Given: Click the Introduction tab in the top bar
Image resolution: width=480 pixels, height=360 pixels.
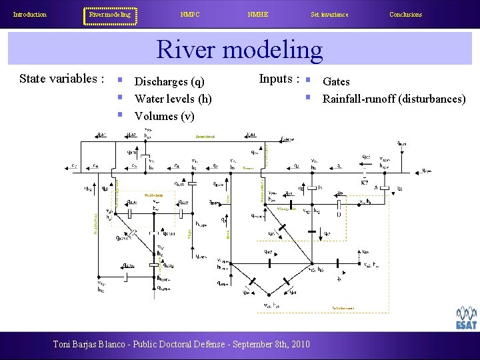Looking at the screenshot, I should pyautogui.click(x=30, y=15).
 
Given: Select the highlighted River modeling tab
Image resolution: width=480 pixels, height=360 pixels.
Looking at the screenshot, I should pyautogui.click(x=110, y=15).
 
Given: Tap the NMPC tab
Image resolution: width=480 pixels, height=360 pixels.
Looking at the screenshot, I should pyautogui.click(x=191, y=15).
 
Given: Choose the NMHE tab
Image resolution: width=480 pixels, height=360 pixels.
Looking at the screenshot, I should pyautogui.click(x=257, y=15).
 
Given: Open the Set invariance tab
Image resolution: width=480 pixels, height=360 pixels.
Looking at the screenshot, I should pyautogui.click(x=329, y=15).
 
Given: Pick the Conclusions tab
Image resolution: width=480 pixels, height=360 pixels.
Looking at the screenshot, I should pyautogui.click(x=405, y=15).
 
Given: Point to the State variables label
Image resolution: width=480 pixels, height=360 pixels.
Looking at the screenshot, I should pyautogui.click(x=61, y=79).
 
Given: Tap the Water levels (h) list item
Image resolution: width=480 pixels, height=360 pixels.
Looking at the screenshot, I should pyautogui.click(x=173, y=99).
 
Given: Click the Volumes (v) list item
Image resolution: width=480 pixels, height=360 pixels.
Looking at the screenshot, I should pyautogui.click(x=165, y=116).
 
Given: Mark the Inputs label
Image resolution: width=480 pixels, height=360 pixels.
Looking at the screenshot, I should pyautogui.click(x=279, y=79).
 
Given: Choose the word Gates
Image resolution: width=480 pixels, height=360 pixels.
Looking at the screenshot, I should pyautogui.click(x=336, y=82).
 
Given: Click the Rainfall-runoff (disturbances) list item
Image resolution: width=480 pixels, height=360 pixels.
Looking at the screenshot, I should pyautogui.click(x=394, y=99).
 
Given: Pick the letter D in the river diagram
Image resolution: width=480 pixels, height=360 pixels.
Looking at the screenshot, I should pyautogui.click(x=339, y=215).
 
